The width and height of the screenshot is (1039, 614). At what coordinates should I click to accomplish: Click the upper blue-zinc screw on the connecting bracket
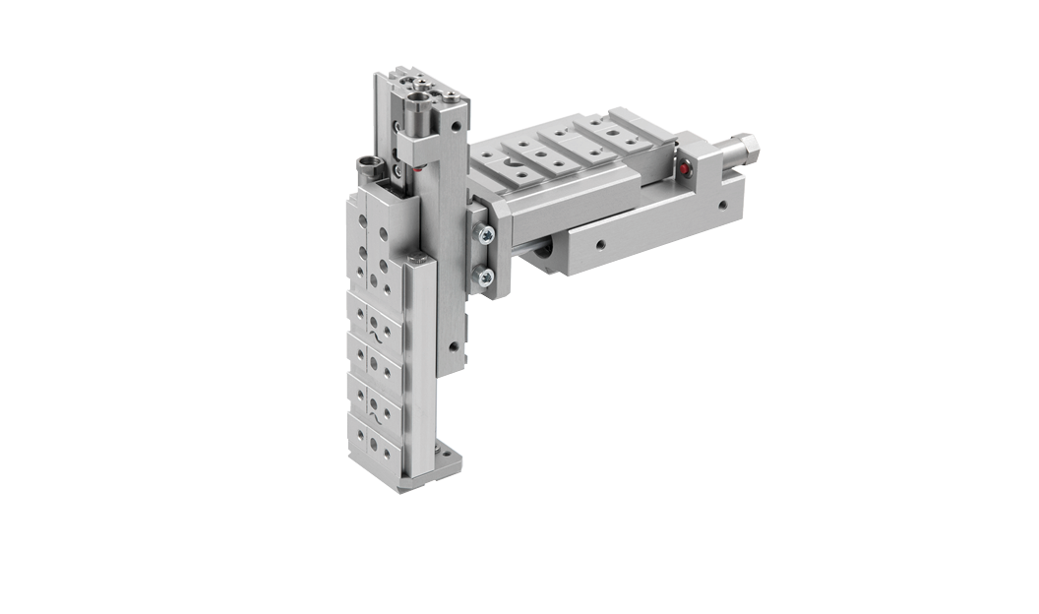(x=486, y=234)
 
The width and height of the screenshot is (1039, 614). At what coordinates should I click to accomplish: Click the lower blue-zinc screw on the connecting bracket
(x=485, y=278)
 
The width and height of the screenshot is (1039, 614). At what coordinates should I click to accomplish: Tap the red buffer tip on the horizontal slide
(x=685, y=167)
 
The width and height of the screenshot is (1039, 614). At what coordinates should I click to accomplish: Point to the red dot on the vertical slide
(x=417, y=168)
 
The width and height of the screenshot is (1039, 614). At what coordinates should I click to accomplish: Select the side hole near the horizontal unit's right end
(x=722, y=207)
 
